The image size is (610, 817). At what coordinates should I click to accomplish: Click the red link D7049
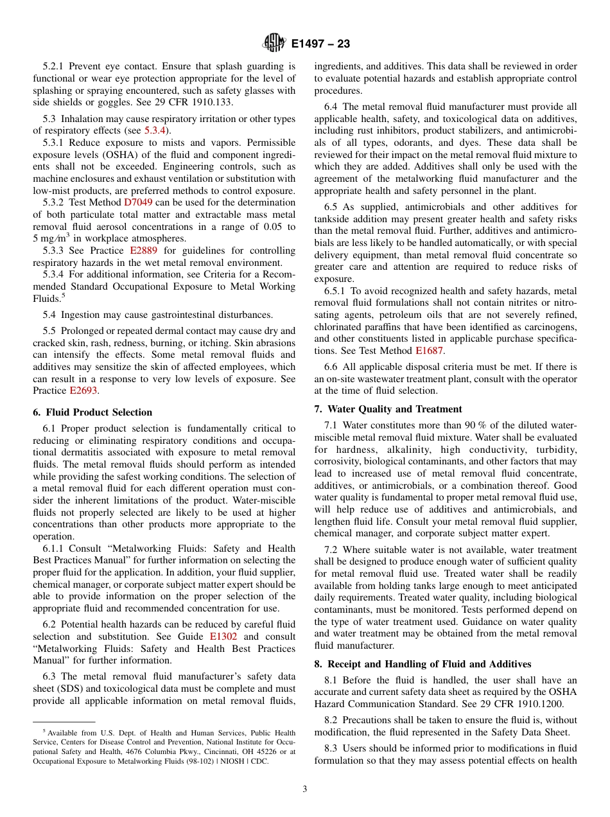pyautogui.click(x=136, y=202)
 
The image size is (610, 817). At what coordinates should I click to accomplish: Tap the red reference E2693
pyautogui.click(x=83, y=391)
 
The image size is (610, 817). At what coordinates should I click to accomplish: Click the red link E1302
pyautogui.click(x=223, y=637)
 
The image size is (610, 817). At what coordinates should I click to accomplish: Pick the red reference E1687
pyautogui.click(x=429, y=351)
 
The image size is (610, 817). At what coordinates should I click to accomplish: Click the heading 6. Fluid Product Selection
pyautogui.click(x=92, y=412)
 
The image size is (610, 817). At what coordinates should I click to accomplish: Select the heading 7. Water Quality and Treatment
pyautogui.click(x=388, y=409)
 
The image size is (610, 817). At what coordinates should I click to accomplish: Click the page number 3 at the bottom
pyautogui.click(x=305, y=789)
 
